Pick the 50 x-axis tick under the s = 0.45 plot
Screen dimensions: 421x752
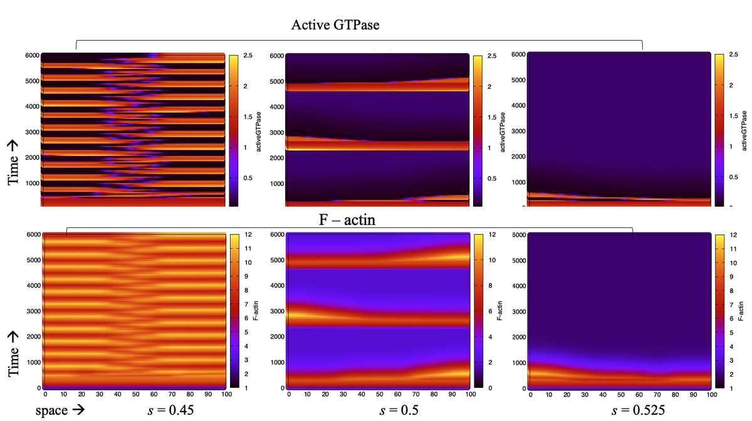tap(135, 396)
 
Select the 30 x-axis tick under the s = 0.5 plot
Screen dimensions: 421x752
tap(343, 396)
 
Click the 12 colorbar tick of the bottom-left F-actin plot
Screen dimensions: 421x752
tap(246, 235)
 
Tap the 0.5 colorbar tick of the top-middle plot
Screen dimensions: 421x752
tap(492, 178)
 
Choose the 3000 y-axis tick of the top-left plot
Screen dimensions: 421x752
tap(31, 133)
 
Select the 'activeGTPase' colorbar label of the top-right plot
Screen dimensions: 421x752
tap(743, 130)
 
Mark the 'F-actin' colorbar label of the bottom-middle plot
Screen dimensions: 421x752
tap(499, 311)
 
